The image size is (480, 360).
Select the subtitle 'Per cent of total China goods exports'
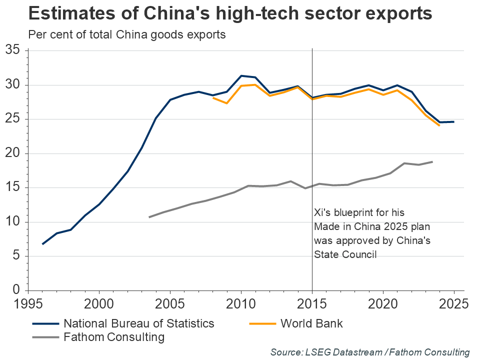[127, 35]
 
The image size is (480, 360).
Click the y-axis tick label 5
[16, 256]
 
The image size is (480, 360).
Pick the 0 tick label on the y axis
[16, 290]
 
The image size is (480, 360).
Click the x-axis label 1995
[28, 303]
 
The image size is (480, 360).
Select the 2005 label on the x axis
[170, 303]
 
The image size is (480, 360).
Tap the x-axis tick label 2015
[312, 303]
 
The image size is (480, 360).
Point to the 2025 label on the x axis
[453, 303]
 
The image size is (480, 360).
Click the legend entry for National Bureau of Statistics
[139, 323]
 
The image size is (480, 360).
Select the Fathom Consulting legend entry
[114, 337]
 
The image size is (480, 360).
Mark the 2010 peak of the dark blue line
[241, 76]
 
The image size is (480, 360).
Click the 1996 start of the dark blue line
[42, 244]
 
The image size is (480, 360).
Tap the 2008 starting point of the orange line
[213, 98]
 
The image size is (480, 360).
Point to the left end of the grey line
[149, 217]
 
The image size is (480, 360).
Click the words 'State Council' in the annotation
[345, 254]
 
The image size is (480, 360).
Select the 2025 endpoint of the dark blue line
[453, 121]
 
